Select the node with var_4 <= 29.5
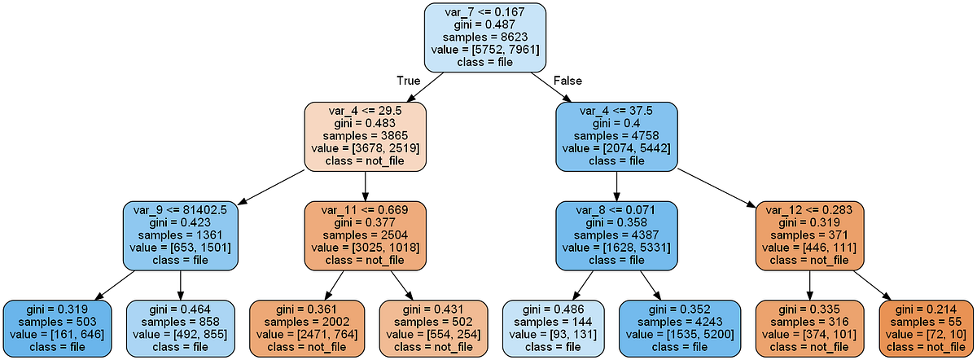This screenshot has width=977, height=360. coord(364,136)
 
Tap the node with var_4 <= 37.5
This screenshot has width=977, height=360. coord(616,136)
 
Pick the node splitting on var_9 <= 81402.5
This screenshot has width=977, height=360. coord(179,235)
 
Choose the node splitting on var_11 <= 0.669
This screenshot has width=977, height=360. coord(365,235)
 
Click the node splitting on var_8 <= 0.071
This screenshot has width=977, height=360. coord(616,235)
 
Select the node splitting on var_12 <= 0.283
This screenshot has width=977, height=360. coord(809,235)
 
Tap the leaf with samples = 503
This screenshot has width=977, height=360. coord(57,328)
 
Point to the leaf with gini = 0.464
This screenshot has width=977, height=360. coord(180,328)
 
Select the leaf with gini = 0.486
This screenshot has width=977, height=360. coord(554,328)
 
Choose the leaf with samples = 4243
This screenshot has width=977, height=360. coord(680,328)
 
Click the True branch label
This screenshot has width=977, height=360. coord(409,81)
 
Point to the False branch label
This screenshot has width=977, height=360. coord(568,81)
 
